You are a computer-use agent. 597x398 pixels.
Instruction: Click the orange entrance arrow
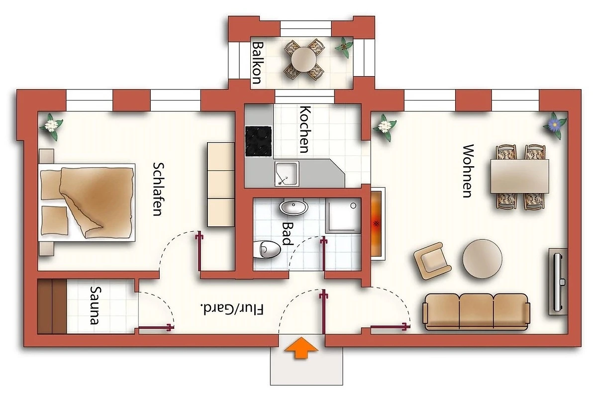point(301,348)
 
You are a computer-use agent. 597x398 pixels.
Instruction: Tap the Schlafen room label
point(158,189)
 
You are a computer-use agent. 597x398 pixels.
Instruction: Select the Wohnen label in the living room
point(468,171)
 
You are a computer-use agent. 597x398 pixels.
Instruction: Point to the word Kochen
point(305,129)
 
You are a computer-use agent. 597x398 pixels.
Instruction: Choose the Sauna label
point(96,305)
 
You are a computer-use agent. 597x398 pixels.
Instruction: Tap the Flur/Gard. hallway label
point(232,309)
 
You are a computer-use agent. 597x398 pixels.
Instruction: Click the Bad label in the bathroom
point(288,234)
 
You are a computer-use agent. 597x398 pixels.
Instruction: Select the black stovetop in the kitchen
point(259,141)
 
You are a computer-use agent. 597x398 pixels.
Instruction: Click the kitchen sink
point(287,174)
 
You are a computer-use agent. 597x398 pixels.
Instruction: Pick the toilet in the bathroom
point(267,250)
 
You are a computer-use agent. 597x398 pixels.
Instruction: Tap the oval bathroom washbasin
point(294,207)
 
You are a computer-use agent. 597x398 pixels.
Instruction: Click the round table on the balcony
point(304,59)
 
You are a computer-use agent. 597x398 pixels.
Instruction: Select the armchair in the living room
point(432,261)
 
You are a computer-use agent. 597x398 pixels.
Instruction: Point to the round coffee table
point(482,259)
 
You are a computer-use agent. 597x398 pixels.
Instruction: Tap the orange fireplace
point(376,224)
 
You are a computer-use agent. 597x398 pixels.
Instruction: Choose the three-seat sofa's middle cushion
point(476,311)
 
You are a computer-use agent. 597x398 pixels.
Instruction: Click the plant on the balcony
point(344,47)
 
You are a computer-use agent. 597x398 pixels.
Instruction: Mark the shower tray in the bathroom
point(343,215)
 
